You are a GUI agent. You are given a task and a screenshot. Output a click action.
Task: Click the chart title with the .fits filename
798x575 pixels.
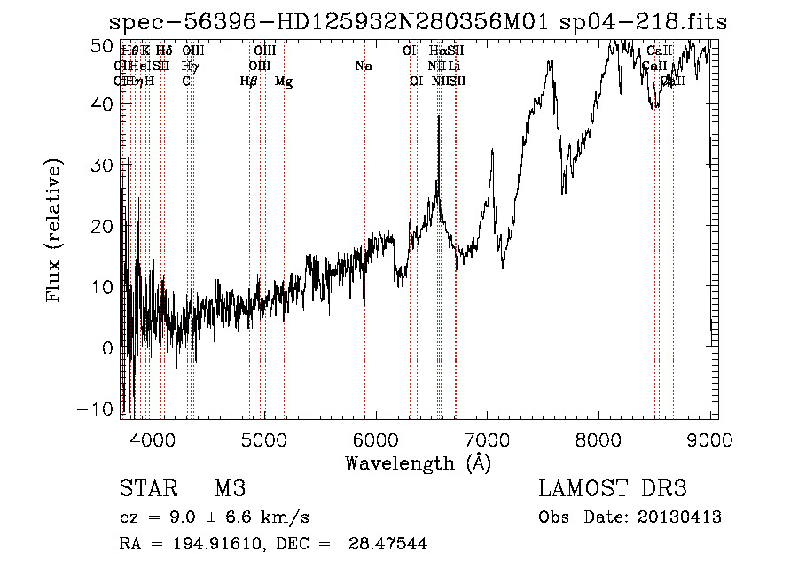(418, 22)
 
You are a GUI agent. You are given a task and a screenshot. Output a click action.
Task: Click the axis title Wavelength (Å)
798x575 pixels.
(418, 462)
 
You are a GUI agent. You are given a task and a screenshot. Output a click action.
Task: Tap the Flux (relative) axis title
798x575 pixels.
(55, 232)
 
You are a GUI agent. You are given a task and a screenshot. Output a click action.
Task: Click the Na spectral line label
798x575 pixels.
(364, 66)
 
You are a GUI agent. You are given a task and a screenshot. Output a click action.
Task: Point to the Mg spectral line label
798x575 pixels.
(284, 82)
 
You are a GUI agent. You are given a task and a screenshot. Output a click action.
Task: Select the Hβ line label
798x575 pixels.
(248, 82)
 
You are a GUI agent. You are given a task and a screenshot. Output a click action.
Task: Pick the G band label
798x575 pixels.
(186, 82)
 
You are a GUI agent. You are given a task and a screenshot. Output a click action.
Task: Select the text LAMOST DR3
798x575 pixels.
(613, 489)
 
